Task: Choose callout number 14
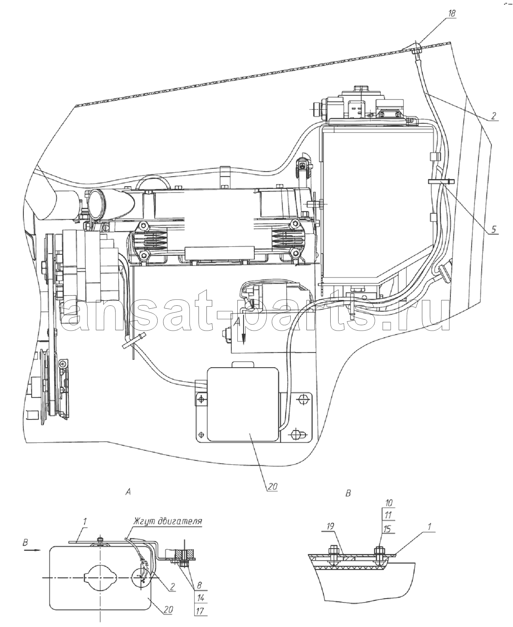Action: tap(201, 598)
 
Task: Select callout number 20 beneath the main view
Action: tap(272, 487)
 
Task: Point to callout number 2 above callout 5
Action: tap(494, 116)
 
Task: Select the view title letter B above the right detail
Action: tap(348, 493)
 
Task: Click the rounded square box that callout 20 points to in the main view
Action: tap(243, 404)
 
